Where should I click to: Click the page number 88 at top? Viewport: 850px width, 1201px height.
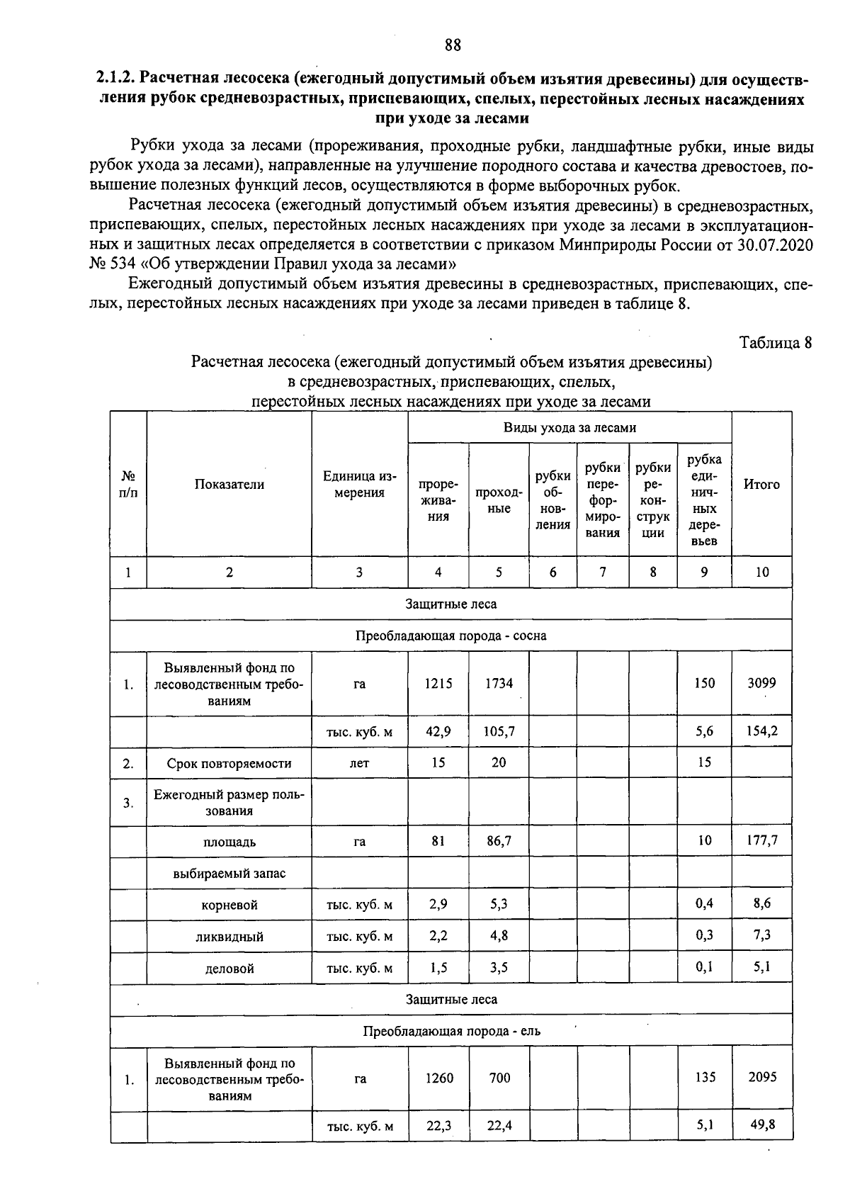tap(453, 45)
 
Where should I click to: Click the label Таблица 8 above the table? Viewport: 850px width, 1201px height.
tap(775, 343)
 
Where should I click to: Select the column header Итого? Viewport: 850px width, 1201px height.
tap(761, 485)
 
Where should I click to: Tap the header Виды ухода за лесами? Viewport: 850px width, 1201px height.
tap(569, 428)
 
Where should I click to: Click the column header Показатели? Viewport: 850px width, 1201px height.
tap(229, 485)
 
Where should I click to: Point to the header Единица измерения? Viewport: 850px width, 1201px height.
tap(359, 485)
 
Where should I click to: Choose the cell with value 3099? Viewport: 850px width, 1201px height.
tap(761, 683)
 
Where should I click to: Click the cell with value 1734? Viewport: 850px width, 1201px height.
tap(499, 683)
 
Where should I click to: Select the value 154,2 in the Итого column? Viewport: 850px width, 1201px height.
tap(761, 731)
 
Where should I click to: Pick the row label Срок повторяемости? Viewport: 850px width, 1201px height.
tap(229, 763)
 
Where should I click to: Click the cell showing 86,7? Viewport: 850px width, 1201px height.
tap(499, 841)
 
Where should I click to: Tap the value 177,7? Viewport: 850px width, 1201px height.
tap(761, 841)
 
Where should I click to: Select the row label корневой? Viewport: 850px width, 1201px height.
tap(229, 905)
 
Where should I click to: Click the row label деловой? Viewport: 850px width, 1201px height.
tap(229, 968)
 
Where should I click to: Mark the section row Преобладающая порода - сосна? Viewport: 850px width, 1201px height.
tap(450, 636)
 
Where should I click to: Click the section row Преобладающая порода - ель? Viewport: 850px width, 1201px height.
tap(450, 1031)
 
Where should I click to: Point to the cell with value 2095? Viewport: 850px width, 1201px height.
tap(762, 1077)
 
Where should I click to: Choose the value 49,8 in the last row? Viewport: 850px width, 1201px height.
tap(762, 1125)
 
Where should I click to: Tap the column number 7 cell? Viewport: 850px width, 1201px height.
tap(603, 573)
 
